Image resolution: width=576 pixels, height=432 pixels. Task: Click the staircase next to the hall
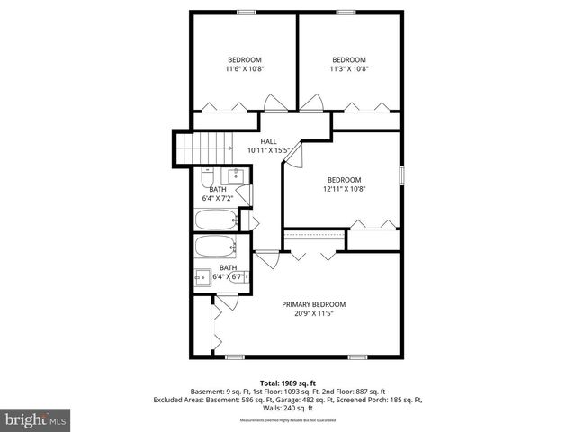203,148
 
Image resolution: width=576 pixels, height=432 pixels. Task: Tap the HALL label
268,141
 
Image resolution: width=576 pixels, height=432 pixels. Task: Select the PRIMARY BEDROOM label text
313,304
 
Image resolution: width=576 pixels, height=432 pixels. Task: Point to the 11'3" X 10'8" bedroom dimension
348,68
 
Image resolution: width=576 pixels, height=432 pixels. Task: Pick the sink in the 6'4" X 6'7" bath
203,278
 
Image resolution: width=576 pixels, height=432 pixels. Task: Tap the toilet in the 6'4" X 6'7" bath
236,279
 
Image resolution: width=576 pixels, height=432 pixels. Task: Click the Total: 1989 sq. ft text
288,382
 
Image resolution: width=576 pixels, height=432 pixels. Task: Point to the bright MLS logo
36,419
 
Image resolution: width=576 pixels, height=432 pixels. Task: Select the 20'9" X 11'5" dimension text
313,314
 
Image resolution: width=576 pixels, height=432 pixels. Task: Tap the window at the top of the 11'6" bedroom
245,11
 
